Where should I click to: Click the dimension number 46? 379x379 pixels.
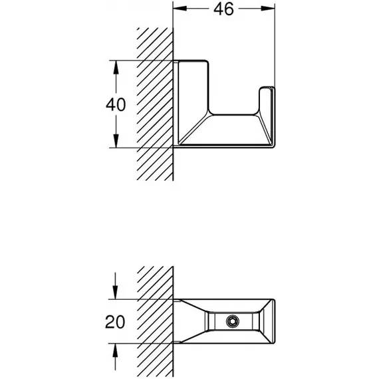pos(223,9)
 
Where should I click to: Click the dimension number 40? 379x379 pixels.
pos(116,104)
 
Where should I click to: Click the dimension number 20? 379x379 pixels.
pos(115,322)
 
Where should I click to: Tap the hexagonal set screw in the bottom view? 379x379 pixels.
pos(233,321)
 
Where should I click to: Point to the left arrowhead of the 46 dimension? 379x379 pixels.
pos(180,9)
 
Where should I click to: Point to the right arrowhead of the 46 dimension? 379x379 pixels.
pos(268,9)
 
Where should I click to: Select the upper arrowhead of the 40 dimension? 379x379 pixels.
pos(116,67)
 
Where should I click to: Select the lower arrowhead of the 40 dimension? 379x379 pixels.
pos(116,141)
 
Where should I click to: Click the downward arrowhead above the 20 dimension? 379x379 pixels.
pos(115,292)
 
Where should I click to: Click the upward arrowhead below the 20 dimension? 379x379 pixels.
pos(115,350)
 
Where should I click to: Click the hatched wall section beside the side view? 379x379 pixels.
pos(155,104)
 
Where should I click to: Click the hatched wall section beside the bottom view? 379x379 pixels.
pos(155,321)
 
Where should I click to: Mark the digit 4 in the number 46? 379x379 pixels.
pos(218,9)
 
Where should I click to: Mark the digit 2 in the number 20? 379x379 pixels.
pos(110,322)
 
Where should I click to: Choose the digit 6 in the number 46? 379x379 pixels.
pos(229,9)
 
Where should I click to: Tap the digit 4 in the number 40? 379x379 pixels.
pos(110,104)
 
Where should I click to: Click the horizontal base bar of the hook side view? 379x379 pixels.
pos(227,130)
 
